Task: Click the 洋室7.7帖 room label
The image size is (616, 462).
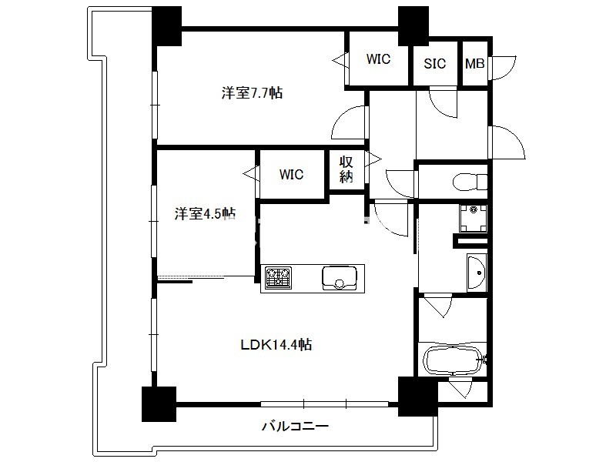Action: click(x=252, y=93)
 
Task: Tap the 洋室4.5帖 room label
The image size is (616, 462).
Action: click(x=205, y=214)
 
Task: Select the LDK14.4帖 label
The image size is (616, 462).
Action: click(x=276, y=345)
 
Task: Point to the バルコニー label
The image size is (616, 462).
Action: click(x=295, y=427)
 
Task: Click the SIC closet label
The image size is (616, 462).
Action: click(x=435, y=64)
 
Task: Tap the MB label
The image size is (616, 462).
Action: click(x=474, y=64)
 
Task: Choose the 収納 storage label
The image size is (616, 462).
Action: click(x=346, y=169)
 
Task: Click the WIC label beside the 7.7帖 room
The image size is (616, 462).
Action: click(x=378, y=59)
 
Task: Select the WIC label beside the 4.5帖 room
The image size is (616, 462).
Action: click(x=291, y=175)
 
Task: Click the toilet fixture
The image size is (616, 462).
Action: click(x=470, y=182)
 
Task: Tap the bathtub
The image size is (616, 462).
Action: click(x=453, y=360)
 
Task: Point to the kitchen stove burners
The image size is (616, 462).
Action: click(x=278, y=278)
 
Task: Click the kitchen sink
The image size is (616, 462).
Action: click(x=340, y=278)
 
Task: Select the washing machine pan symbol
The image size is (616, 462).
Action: click(x=474, y=219)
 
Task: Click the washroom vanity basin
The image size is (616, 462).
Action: click(x=477, y=273)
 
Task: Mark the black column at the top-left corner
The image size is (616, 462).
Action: click(x=167, y=26)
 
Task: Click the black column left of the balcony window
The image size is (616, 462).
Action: click(x=159, y=403)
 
